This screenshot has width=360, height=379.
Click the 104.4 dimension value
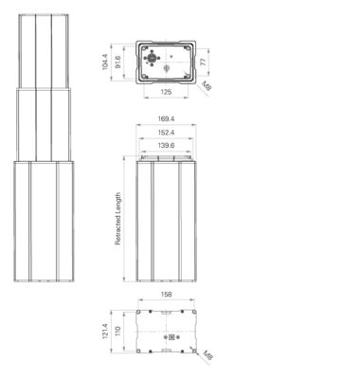pos(105,62)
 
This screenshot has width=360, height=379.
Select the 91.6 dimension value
pos(118,63)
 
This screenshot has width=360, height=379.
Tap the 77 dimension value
pos(204,62)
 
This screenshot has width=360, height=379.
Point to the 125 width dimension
pos(166,92)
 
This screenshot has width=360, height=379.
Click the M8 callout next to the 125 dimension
pos(207,86)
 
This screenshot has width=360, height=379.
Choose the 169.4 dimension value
pos(166,119)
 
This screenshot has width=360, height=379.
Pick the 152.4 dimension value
pos(166,133)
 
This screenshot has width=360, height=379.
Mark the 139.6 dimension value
pos(166,146)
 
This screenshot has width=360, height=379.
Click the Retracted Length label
pos(117,219)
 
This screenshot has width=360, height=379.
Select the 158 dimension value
pos(166,295)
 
